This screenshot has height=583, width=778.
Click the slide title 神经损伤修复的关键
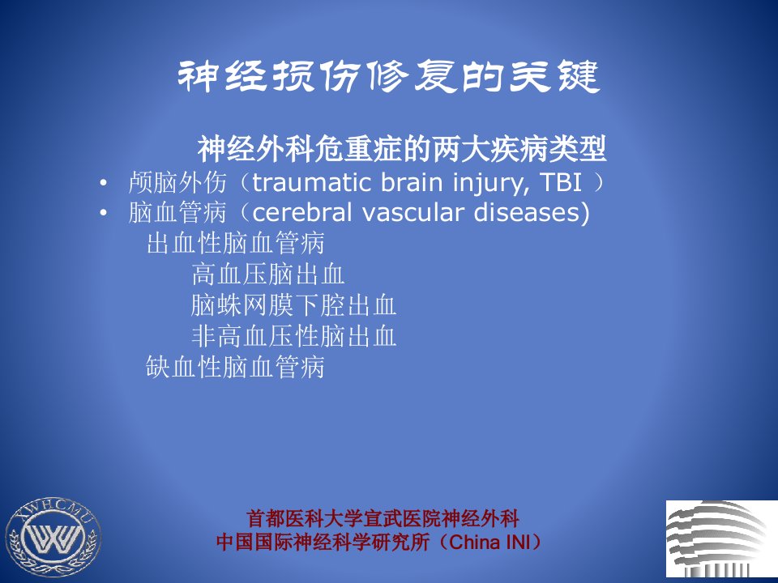click(388, 77)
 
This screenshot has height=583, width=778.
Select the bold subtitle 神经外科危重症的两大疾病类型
click(402, 148)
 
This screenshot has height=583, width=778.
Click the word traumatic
click(312, 182)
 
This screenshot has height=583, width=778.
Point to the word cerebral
click(302, 212)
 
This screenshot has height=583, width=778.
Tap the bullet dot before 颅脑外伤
click(103, 184)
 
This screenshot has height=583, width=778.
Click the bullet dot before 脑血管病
click(103, 213)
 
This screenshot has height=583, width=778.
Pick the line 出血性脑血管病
click(236, 243)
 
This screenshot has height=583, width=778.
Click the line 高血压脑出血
click(268, 274)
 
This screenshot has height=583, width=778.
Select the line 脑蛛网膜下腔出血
click(293, 305)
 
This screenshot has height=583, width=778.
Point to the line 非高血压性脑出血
click(293, 336)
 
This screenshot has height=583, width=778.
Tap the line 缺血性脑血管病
click(235, 368)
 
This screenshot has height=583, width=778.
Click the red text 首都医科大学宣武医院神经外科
click(383, 518)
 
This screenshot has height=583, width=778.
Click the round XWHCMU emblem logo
click(53, 537)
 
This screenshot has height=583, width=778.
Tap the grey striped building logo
click(721, 539)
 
